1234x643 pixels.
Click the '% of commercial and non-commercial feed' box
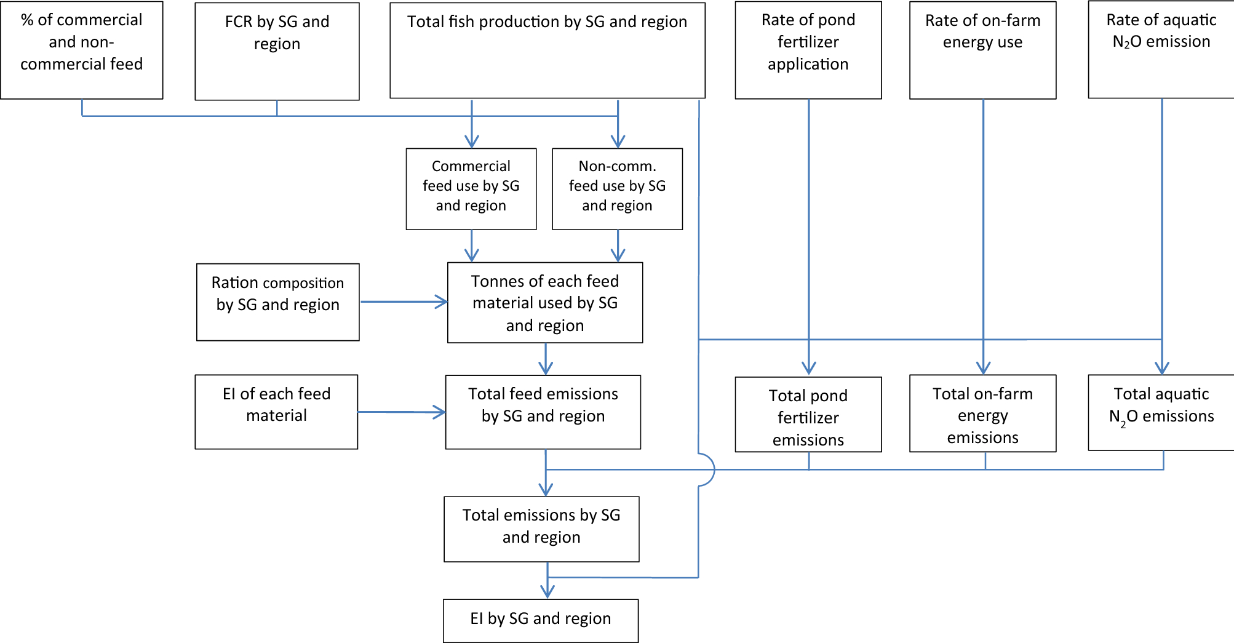(x=82, y=50)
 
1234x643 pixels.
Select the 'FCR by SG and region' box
(x=277, y=51)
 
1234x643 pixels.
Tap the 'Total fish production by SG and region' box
(x=547, y=50)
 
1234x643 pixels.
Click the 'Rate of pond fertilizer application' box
(x=808, y=50)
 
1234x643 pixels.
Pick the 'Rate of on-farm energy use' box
(x=982, y=50)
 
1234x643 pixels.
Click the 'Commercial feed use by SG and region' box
(x=471, y=188)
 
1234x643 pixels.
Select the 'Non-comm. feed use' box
(x=617, y=188)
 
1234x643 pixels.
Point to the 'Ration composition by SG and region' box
(x=277, y=302)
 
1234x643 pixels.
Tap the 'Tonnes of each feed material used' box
(x=545, y=302)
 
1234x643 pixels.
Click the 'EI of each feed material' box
(x=276, y=412)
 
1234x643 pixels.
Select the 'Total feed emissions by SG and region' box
(x=543, y=412)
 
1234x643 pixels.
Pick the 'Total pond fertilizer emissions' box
(x=808, y=414)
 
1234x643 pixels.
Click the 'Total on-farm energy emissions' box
(x=982, y=413)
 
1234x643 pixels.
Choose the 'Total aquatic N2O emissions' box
(x=1161, y=412)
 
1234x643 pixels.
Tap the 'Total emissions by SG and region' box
(x=541, y=529)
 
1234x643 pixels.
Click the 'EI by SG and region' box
(x=541, y=620)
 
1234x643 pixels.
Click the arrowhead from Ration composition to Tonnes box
(x=442, y=302)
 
